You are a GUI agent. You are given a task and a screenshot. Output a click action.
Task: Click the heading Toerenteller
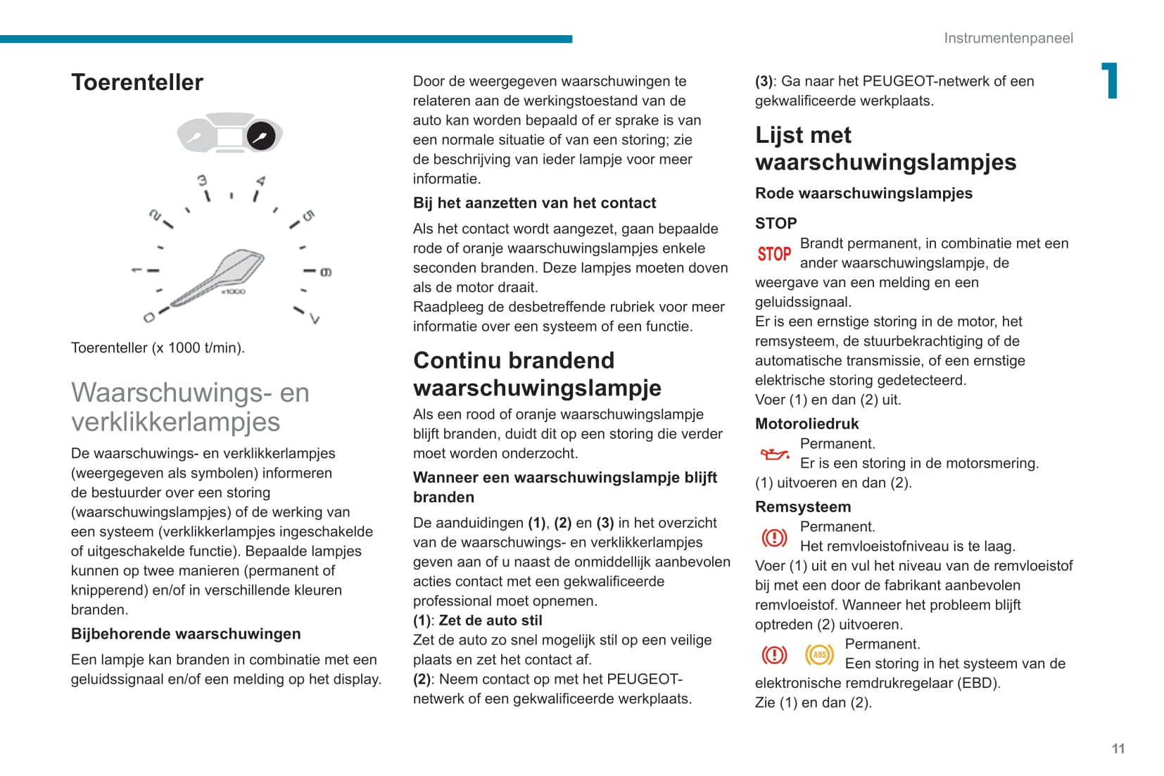tap(137, 82)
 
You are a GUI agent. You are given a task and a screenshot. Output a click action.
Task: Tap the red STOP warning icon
tap(774, 253)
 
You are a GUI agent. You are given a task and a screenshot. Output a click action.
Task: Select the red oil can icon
tap(774, 454)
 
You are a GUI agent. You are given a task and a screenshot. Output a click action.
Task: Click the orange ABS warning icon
tap(819, 655)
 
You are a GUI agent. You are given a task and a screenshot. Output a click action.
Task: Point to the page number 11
tap(1118, 749)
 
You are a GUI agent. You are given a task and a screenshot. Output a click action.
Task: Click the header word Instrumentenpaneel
tap(1008, 38)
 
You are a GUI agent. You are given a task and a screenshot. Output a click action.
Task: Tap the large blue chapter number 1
tap(1110, 80)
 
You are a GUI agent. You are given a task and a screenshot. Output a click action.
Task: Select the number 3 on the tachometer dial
tap(202, 181)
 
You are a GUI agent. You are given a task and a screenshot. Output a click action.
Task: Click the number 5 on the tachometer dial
tap(308, 215)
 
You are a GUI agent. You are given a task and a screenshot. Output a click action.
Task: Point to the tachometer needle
tap(218, 278)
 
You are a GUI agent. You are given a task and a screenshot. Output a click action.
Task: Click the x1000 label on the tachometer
tap(233, 291)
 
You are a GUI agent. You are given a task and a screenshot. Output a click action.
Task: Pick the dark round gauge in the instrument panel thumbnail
tap(261, 136)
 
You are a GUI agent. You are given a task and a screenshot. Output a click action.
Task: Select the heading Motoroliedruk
tap(806, 424)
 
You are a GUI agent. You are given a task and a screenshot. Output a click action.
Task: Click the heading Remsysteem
tap(802, 507)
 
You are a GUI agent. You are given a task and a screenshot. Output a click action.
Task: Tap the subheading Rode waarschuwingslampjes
tap(863, 193)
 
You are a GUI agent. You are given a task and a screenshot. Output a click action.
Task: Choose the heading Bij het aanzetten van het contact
tap(534, 203)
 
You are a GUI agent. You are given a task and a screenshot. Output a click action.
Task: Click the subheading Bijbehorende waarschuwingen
tap(186, 634)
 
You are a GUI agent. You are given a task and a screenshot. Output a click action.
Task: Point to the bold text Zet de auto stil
tap(491, 621)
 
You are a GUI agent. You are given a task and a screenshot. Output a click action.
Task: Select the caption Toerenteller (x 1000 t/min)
tap(158, 348)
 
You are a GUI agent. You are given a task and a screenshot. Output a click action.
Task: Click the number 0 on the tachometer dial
tap(148, 318)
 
